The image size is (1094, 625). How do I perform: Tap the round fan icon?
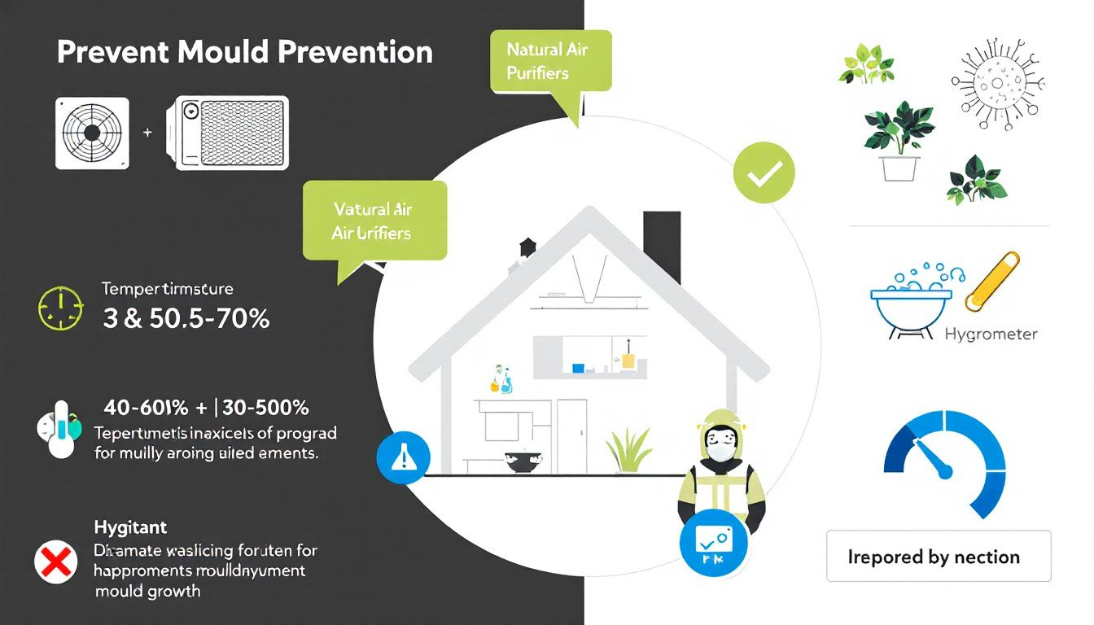(92, 133)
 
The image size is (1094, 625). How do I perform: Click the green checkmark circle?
(763, 173)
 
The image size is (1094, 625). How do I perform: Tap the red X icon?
(54, 562)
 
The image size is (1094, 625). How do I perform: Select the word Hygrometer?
(991, 334)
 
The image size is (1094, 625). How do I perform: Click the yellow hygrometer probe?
(991, 282)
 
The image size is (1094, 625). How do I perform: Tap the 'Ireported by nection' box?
(938, 557)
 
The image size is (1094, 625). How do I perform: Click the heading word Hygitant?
(130, 528)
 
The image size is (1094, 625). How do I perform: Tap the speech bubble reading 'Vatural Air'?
(374, 221)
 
